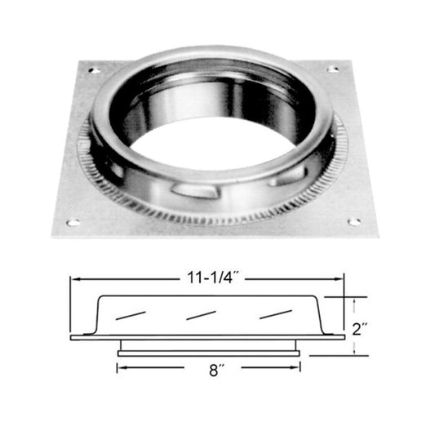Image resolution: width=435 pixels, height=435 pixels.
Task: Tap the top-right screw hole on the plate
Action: point(333,69)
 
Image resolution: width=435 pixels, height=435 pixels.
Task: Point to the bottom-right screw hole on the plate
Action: point(354,220)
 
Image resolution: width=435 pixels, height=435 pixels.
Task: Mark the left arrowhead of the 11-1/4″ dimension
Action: point(73,278)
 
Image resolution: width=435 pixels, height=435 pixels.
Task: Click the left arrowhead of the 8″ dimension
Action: point(121,368)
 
